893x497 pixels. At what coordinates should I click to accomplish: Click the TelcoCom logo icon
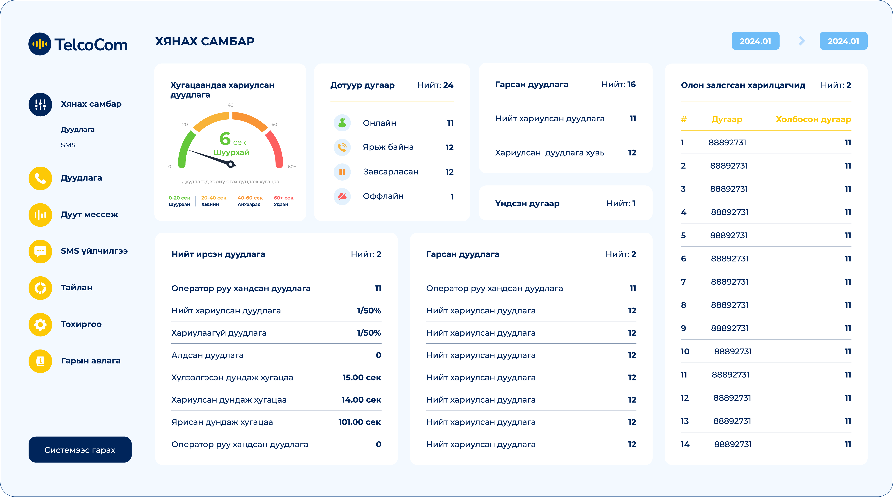click(x=40, y=44)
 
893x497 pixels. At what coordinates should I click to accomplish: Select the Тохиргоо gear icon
click(x=40, y=324)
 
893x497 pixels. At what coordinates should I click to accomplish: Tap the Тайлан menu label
click(x=77, y=288)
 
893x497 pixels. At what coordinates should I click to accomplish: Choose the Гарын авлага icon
click(x=40, y=361)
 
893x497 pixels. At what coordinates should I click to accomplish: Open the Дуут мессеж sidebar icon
click(x=40, y=215)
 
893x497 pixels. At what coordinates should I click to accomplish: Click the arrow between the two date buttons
click(x=801, y=41)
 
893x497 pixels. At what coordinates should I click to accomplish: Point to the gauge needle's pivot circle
click(x=230, y=164)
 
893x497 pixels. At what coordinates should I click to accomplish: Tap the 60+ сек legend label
click(x=284, y=198)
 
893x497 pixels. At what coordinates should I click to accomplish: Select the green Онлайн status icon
click(x=342, y=123)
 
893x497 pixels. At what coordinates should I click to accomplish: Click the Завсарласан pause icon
click(x=342, y=172)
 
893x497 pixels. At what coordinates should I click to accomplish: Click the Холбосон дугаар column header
click(x=813, y=119)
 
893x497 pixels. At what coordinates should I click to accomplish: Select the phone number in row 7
click(x=730, y=282)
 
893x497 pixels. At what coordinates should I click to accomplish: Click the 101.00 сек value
click(x=360, y=422)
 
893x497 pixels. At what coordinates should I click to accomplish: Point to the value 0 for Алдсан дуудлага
click(x=378, y=355)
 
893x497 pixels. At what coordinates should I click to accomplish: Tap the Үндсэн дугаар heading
click(x=527, y=203)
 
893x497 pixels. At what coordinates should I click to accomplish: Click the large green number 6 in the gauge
click(x=225, y=139)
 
